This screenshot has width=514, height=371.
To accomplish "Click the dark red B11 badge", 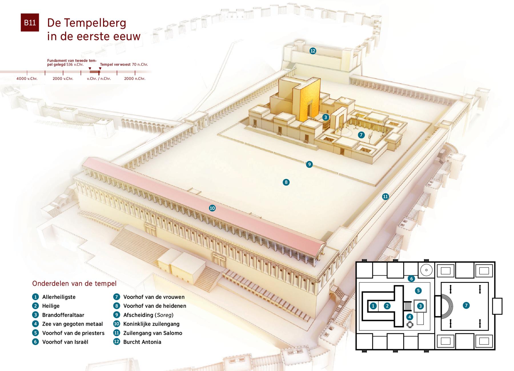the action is point(30,23).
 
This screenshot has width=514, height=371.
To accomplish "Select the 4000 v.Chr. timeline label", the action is point(27,78).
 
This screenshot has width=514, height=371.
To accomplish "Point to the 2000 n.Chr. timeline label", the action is point(135,78).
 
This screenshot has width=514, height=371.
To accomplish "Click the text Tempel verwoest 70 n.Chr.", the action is point(124,64).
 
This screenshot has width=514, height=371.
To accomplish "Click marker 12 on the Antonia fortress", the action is point(313,51).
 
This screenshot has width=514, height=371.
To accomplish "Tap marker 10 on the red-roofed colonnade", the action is point(212,208).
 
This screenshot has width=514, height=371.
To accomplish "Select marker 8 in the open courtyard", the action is point(286,182).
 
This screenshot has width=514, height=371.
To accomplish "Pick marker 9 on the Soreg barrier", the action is point(309,164).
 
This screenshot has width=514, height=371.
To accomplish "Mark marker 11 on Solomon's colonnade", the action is point(385,196).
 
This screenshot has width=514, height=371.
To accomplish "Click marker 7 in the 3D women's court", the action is point(361,135).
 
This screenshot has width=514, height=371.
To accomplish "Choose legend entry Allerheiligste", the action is point(59,297).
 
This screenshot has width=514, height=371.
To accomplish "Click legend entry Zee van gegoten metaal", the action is point(73,324).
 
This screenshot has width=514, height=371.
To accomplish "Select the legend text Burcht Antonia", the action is point(142,342).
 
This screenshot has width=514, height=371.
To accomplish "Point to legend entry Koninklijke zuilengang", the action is point(151,324).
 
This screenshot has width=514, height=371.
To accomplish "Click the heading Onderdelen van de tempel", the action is point(74,283).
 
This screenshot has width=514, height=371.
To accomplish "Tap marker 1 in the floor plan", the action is point(373,306).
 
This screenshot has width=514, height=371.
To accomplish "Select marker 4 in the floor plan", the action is point(410,317).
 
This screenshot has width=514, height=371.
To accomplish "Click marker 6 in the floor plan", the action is point(411,279).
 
